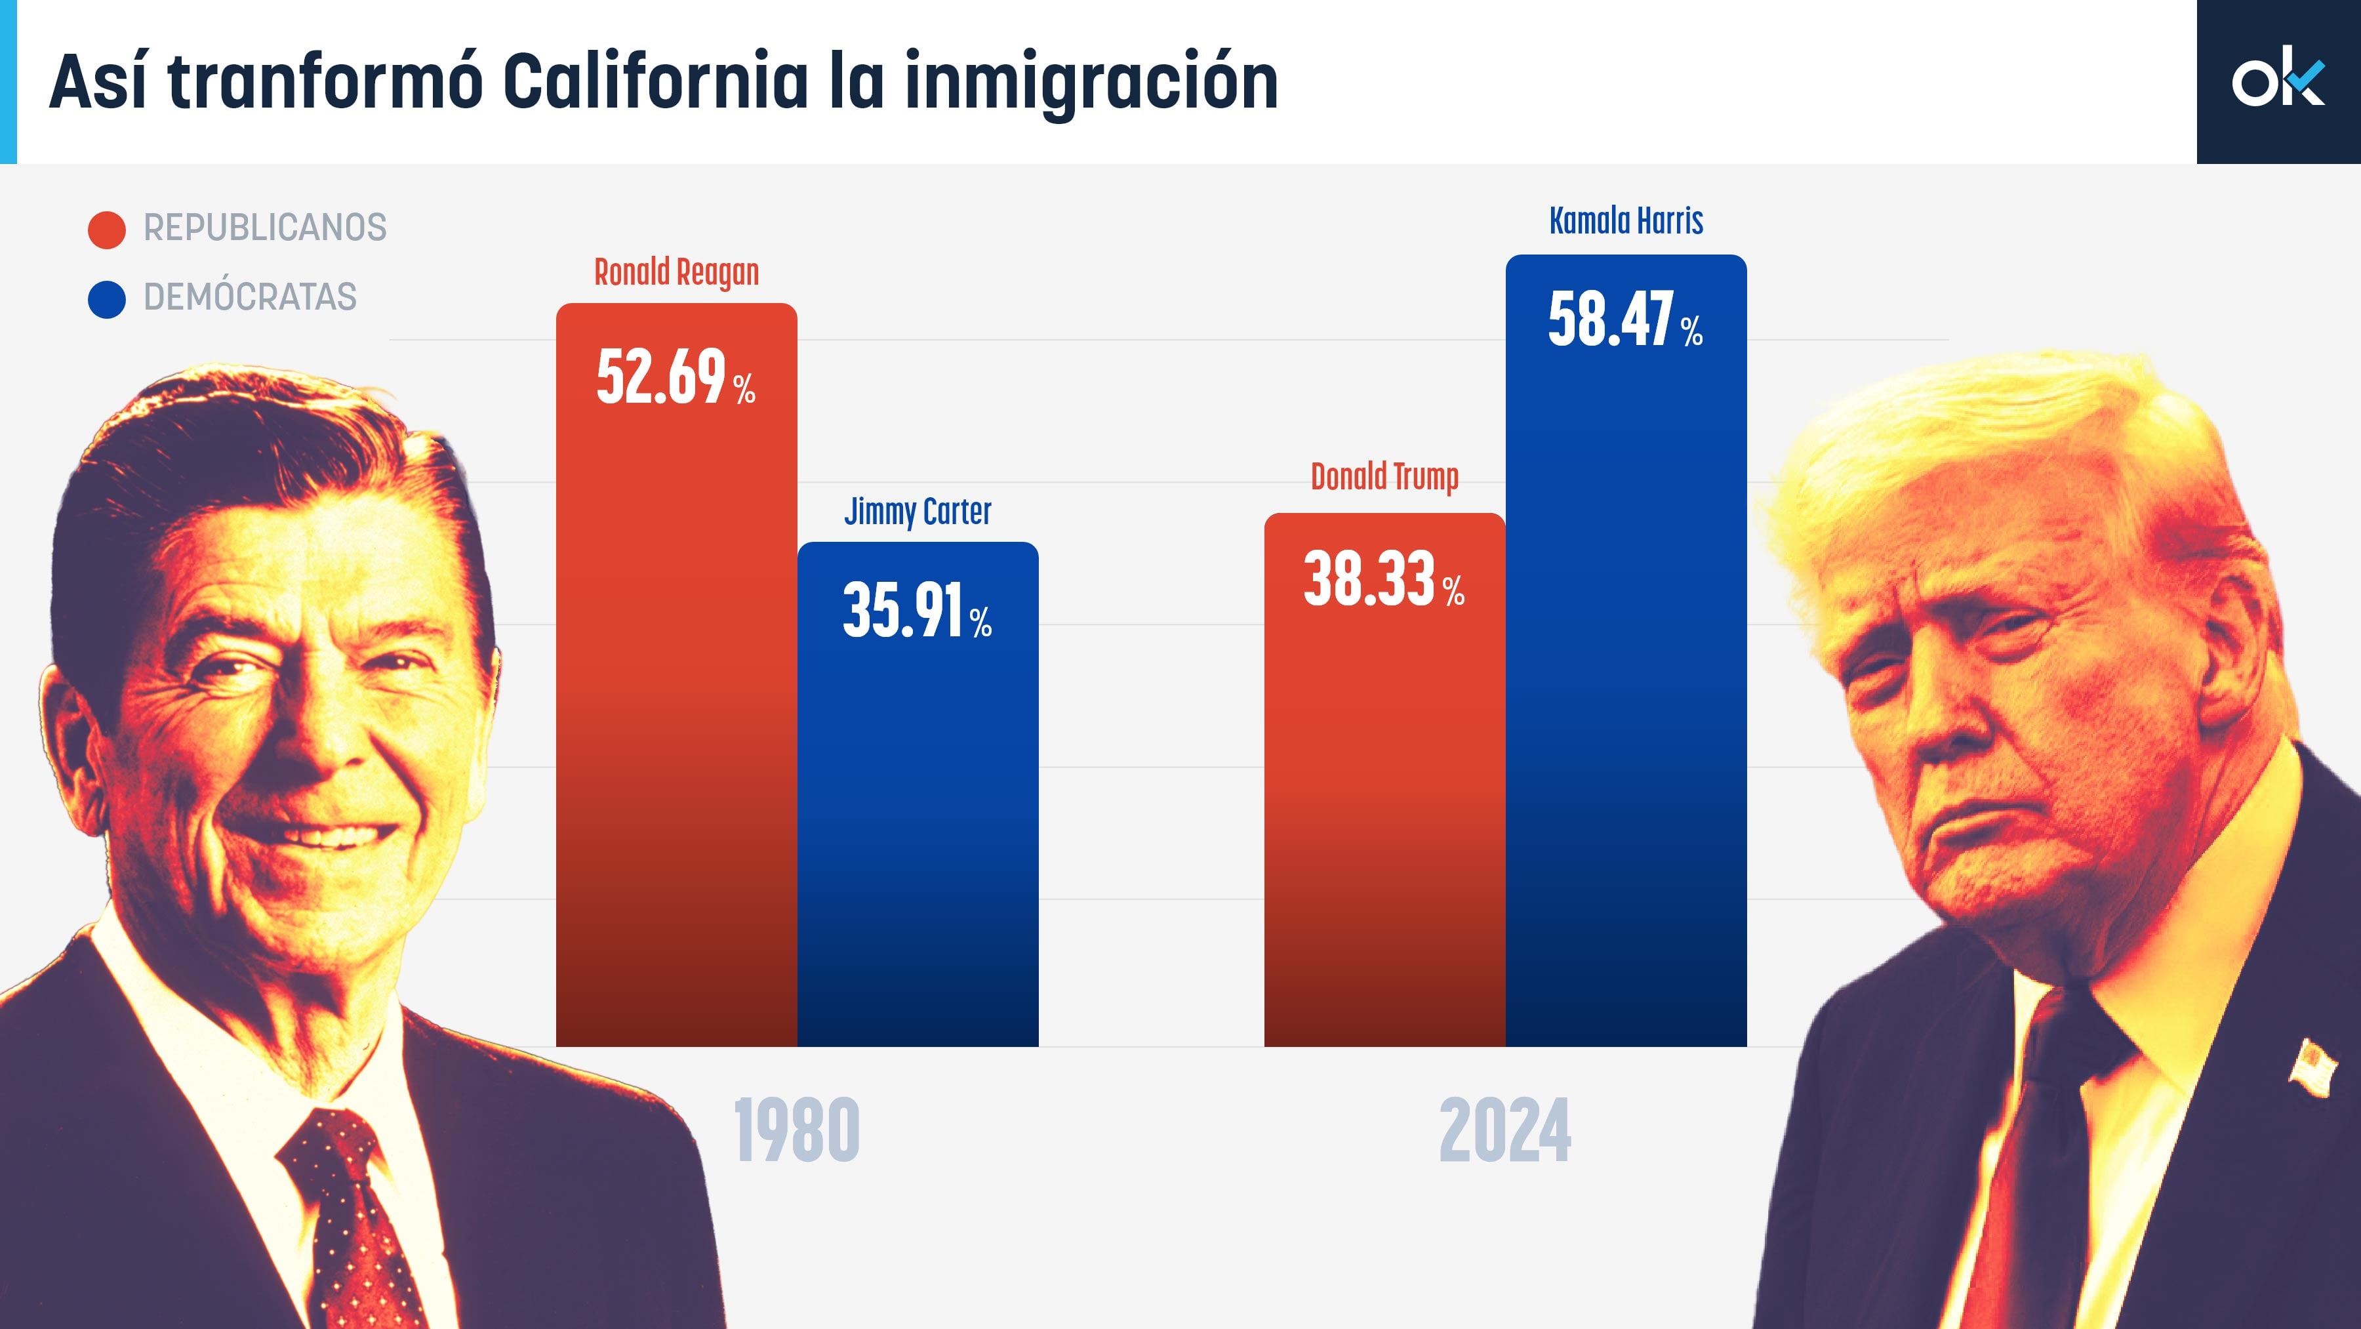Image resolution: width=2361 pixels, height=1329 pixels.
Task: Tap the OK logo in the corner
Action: click(2278, 81)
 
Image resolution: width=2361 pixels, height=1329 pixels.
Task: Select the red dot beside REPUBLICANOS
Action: click(106, 229)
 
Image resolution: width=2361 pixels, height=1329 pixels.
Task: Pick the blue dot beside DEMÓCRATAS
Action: click(106, 299)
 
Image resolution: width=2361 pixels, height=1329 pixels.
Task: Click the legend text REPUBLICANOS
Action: click(265, 228)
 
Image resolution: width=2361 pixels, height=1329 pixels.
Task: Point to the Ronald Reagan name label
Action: click(676, 272)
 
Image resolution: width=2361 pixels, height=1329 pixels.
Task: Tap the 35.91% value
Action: click(917, 611)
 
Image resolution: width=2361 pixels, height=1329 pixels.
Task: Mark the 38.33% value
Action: click(1383, 579)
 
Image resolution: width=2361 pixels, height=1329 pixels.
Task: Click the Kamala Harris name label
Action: click(1626, 221)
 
